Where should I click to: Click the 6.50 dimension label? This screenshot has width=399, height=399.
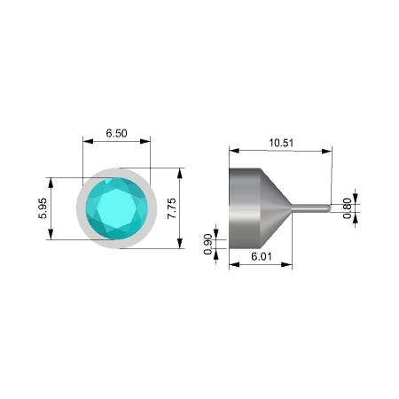[x=116, y=133]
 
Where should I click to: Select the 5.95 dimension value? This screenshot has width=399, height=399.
[x=43, y=208]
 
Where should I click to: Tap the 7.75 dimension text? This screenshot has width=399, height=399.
[x=172, y=208]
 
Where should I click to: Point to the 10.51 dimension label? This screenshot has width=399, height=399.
[x=281, y=143]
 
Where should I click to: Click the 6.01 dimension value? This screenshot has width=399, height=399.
[x=262, y=256]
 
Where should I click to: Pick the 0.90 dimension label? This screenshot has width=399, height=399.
[x=208, y=244]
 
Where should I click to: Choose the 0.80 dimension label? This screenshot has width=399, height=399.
[x=348, y=208]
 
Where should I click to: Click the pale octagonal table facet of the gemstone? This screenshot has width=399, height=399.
[x=117, y=208]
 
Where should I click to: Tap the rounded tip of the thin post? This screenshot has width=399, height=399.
[x=329, y=208]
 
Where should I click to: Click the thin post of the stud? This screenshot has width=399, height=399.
[x=310, y=208]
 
